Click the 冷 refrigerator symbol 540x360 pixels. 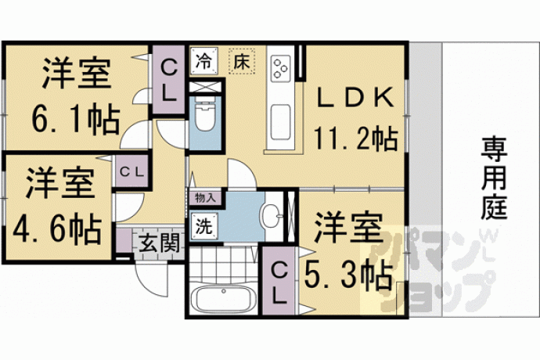point(204,60)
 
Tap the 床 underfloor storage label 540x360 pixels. point(242,61)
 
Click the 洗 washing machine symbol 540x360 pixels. point(204,226)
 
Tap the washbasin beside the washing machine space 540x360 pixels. point(272,216)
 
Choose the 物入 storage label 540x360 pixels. point(205,198)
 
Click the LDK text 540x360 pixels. point(355,98)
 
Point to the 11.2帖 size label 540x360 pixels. point(356,139)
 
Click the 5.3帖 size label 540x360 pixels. point(348,275)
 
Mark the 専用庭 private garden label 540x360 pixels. point(494,178)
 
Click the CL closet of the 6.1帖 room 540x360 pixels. point(169,81)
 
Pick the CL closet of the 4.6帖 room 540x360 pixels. point(131,172)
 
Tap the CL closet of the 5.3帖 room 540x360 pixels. point(279,281)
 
